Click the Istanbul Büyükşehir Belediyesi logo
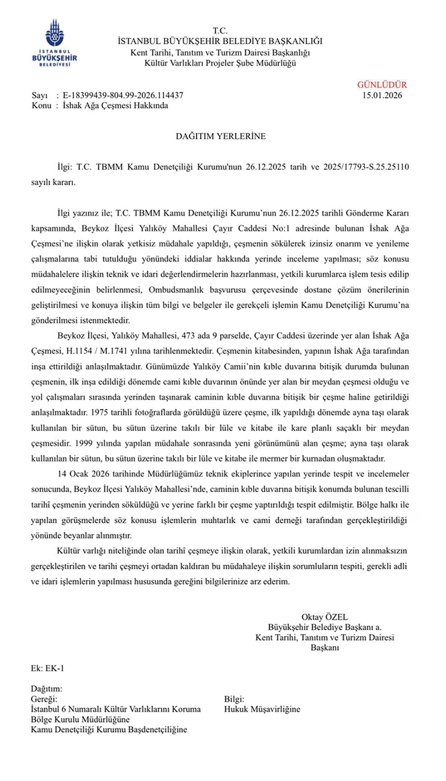click(x=55, y=43)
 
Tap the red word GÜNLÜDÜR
click(x=382, y=85)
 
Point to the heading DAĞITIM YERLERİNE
click(x=221, y=136)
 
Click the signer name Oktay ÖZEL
click(x=325, y=617)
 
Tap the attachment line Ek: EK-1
click(x=48, y=668)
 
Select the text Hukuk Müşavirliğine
click(x=262, y=709)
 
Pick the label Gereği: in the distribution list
click(x=44, y=699)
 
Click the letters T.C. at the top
click(x=220, y=31)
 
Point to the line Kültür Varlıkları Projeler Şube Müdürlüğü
click(x=220, y=63)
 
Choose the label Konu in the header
click(x=41, y=106)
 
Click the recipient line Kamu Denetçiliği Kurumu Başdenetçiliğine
click(x=109, y=729)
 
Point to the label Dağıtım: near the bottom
click(x=47, y=689)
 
